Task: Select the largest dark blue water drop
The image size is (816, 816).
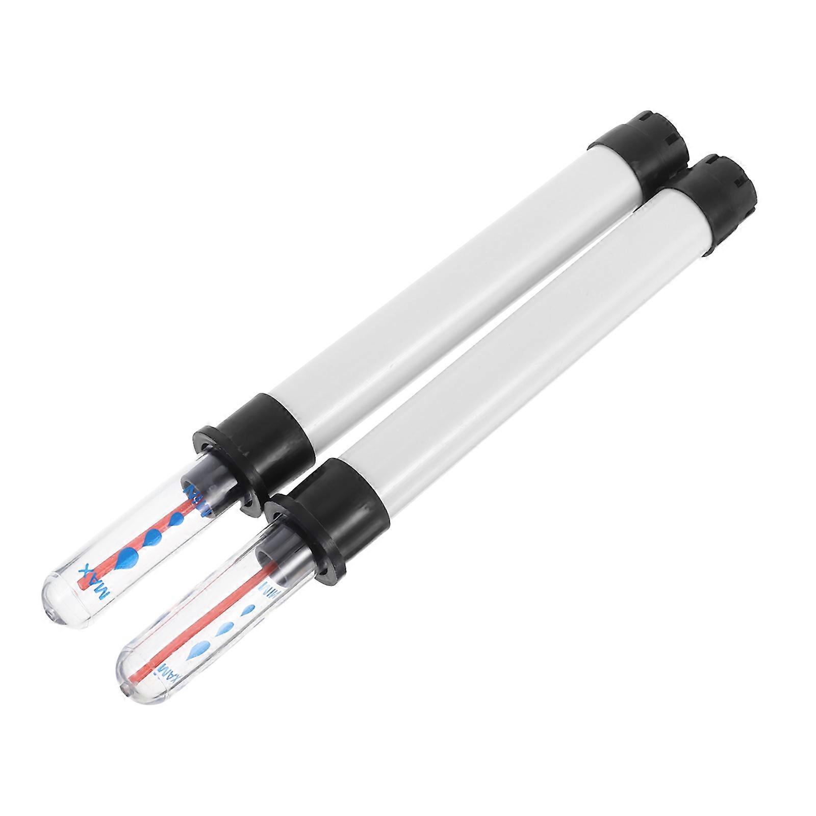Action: tap(125, 559)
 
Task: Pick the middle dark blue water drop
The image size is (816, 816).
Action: tap(153, 536)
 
